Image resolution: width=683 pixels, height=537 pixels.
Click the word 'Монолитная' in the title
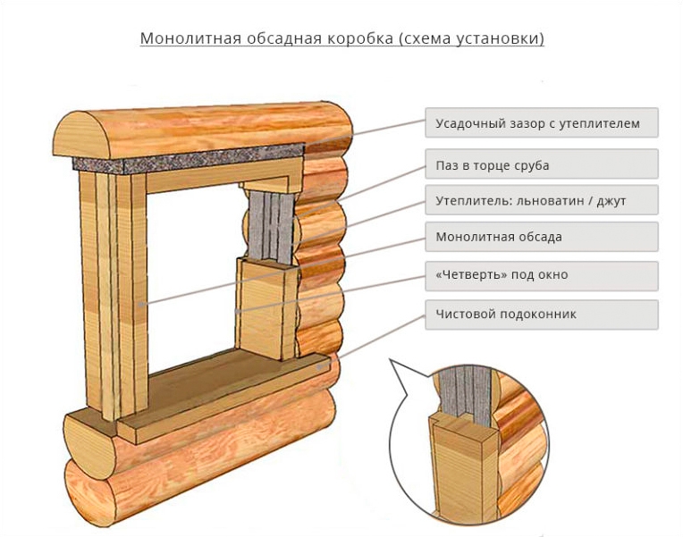click(x=190, y=38)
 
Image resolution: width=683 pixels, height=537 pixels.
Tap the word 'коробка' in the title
click(x=359, y=38)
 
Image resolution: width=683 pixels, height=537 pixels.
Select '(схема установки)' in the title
click(x=471, y=38)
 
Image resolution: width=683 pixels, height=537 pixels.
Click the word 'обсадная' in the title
click(x=284, y=38)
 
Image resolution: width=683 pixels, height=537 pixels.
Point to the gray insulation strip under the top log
click(x=188, y=160)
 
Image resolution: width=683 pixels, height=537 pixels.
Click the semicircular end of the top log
click(x=80, y=135)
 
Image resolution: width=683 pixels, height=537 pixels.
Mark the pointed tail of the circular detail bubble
click(x=391, y=361)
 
